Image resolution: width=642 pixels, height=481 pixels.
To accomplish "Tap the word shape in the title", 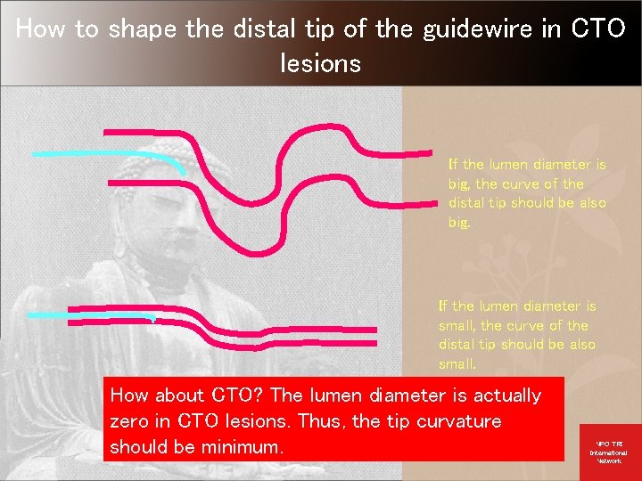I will pos(142,29).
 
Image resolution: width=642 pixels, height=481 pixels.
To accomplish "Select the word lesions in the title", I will pos(320,63).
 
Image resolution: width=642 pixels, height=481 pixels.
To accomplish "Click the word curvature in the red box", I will pos(458,420).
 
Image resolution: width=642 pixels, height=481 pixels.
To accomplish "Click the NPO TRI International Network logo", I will pos(609,451).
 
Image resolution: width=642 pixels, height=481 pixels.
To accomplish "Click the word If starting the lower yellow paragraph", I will pos(443,306).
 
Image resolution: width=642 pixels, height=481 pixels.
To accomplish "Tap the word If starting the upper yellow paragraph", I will pos(453,164).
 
